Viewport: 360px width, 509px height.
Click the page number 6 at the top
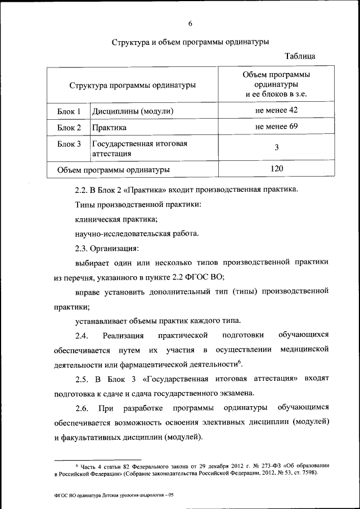tap(191, 23)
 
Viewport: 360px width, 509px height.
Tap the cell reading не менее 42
tap(276, 110)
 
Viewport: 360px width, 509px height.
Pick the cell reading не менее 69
tap(276, 127)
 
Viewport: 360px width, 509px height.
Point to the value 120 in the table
tap(276, 169)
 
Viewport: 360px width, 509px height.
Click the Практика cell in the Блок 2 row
tap(109, 128)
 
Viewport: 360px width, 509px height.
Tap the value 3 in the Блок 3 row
tap(276, 147)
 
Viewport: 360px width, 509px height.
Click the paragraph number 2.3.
tap(83, 247)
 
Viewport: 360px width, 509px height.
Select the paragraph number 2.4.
tap(83, 336)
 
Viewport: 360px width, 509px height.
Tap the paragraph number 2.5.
tap(83, 379)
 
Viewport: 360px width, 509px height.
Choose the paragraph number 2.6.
tap(83, 407)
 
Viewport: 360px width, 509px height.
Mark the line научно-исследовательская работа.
tap(137, 233)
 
